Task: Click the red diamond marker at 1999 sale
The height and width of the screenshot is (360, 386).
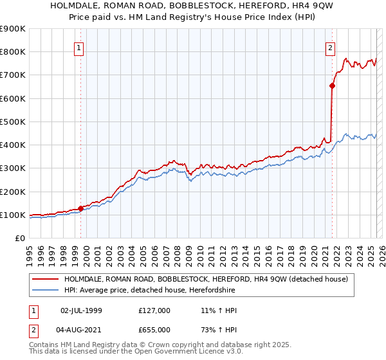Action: (x=81, y=208)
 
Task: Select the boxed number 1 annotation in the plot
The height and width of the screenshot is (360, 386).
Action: (x=78, y=47)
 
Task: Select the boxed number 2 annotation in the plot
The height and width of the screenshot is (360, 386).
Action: (x=330, y=47)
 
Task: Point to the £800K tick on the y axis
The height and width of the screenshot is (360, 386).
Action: (x=12, y=52)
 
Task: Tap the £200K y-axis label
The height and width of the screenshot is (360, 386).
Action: (x=12, y=192)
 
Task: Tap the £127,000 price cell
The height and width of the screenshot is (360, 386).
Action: (x=154, y=310)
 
